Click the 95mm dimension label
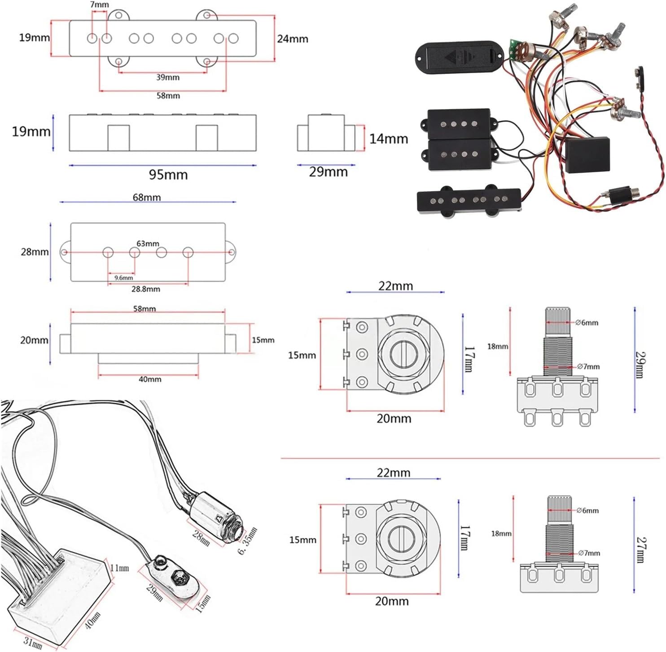pyautogui.click(x=168, y=175)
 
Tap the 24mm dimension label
pyautogui.click(x=293, y=39)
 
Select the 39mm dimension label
pyautogui.click(x=168, y=77)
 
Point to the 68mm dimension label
pyautogui.click(x=147, y=197)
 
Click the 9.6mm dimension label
pyautogui.click(x=123, y=278)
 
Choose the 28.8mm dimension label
pyautogui.click(x=145, y=289)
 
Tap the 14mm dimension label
pyautogui.click(x=388, y=139)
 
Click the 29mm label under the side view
pyautogui.click(x=328, y=172)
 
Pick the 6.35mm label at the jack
pyautogui.click(x=248, y=541)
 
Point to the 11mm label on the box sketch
pyautogui.click(x=120, y=568)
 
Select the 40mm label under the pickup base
pyautogui.click(x=150, y=379)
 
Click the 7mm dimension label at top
pyautogui.click(x=99, y=4)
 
